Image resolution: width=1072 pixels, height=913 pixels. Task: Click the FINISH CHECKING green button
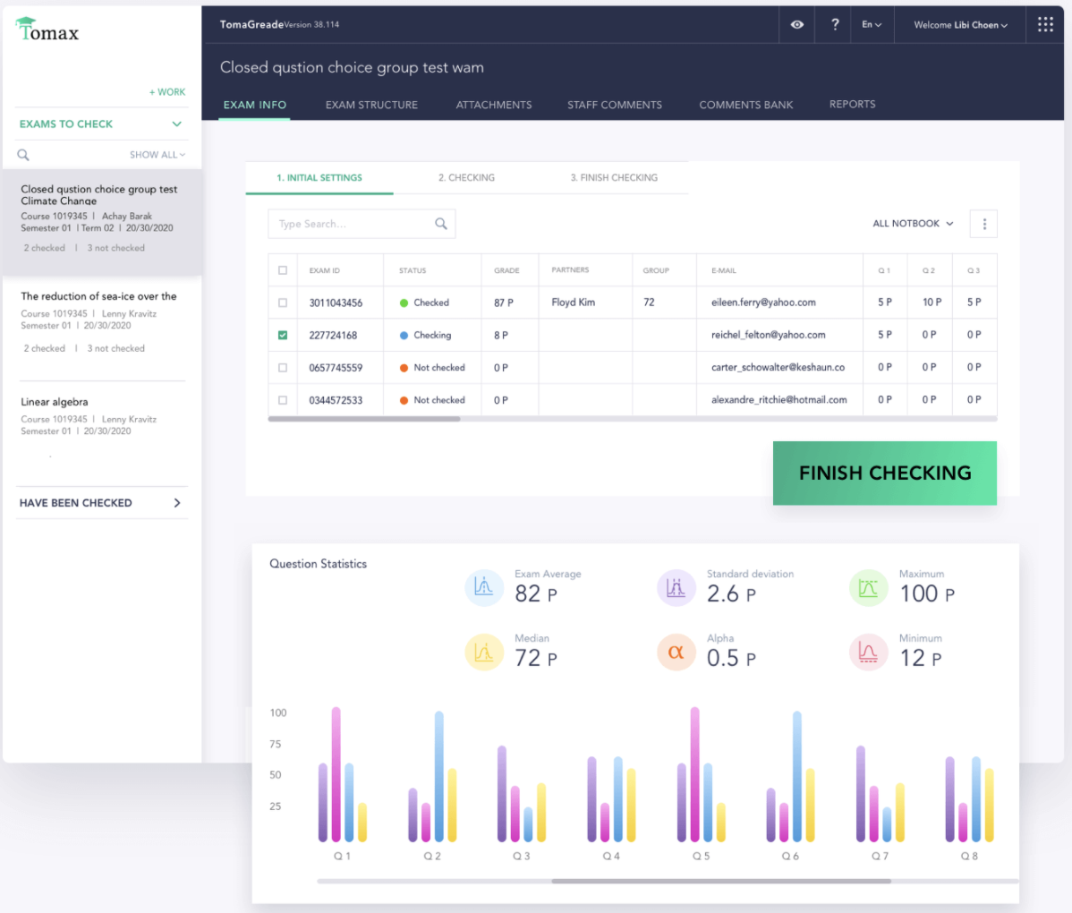pyautogui.click(x=884, y=473)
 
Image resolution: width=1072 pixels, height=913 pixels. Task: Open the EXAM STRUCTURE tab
pyautogui.click(x=371, y=105)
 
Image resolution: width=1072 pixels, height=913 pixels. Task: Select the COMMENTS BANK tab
pyautogui.click(x=745, y=105)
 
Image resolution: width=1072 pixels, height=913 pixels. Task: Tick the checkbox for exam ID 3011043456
pyautogui.click(x=283, y=303)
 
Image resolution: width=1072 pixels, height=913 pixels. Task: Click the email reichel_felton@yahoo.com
pyautogui.click(x=768, y=335)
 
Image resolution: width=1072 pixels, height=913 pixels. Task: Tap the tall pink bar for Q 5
pyautogui.click(x=694, y=774)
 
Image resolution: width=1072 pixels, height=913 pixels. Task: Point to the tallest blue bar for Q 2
pyautogui.click(x=438, y=776)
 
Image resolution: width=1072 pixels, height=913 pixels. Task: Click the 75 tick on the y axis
pyautogui.click(x=276, y=744)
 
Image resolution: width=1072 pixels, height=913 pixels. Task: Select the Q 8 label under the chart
pyautogui.click(x=969, y=857)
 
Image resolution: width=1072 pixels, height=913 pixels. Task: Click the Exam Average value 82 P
pyautogui.click(x=535, y=593)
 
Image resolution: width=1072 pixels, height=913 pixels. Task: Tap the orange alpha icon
pyautogui.click(x=676, y=653)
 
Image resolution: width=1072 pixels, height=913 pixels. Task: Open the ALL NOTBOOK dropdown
pyautogui.click(x=913, y=224)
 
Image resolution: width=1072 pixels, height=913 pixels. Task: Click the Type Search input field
pyautogui.click(x=353, y=224)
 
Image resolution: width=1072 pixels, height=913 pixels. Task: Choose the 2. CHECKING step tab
pyautogui.click(x=466, y=177)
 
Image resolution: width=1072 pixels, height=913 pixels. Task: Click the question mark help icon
pyautogui.click(x=835, y=25)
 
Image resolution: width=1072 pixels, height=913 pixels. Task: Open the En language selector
pyautogui.click(x=872, y=25)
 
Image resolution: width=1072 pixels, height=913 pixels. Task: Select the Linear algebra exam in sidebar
pyautogui.click(x=55, y=402)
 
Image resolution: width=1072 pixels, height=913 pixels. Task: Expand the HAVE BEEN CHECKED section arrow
pyautogui.click(x=177, y=503)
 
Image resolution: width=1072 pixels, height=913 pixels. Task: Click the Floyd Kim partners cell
pyautogui.click(x=573, y=303)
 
